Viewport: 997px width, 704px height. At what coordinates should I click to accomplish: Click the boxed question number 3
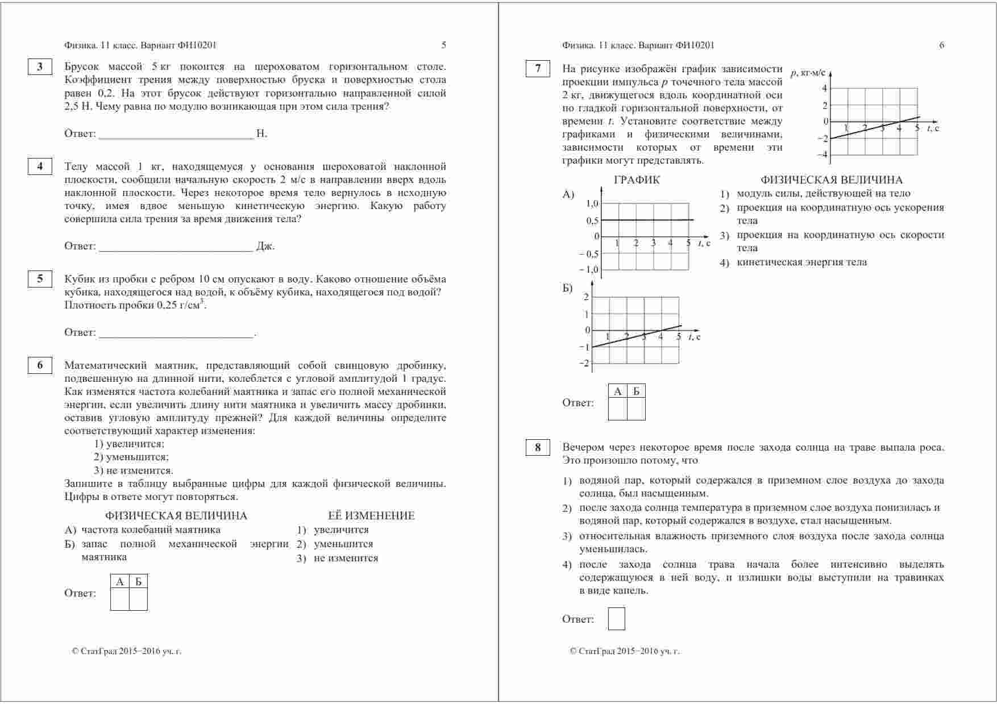coord(40,67)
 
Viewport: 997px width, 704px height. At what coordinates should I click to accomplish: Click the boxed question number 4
coord(40,166)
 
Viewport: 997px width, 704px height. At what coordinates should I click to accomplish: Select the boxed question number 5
coord(40,278)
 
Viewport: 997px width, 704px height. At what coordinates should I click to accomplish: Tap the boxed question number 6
coord(40,365)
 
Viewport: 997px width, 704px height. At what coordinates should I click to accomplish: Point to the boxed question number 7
coord(538,69)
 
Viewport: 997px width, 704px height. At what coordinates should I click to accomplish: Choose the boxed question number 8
coord(538,447)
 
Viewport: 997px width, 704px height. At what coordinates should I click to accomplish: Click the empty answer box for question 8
coord(616,619)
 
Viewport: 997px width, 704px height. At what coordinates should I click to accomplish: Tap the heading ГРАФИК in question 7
coord(637,180)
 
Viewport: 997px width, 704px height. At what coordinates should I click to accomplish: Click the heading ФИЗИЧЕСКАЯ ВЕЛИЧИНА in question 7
coord(831,180)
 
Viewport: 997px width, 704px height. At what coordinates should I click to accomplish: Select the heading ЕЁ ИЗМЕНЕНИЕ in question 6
coord(371,516)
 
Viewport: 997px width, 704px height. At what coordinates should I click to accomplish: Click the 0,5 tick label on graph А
coord(592,221)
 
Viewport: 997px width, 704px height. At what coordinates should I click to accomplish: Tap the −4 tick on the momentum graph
coord(822,155)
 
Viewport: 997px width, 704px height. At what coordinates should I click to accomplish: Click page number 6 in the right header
coord(941,45)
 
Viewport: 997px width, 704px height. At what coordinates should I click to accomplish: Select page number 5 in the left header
coord(443,45)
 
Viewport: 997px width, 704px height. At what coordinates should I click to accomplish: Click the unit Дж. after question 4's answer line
coord(265,247)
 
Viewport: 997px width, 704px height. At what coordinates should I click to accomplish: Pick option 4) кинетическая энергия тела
coord(801,263)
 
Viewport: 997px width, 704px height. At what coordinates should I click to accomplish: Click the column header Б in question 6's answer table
coord(138,582)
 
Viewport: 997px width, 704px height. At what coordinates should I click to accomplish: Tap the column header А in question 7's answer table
coord(618,391)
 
